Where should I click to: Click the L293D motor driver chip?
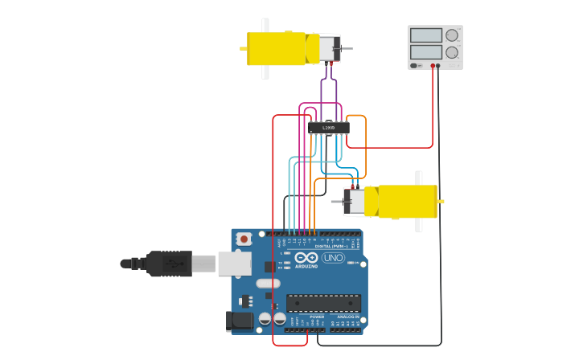pos(329,127)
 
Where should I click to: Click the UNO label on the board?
pos(332,258)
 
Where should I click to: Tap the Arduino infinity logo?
pos(306,258)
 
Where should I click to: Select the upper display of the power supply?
pos(426,35)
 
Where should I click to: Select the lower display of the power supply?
pos(426,52)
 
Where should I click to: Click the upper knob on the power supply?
pos(452,35)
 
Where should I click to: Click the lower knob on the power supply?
pos(452,52)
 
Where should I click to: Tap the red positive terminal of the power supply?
pos(433,66)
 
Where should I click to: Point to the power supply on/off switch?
pos(414,66)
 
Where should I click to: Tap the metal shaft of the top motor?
pos(347,50)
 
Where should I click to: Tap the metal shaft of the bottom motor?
pos(336,202)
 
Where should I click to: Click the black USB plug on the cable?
pos(169,263)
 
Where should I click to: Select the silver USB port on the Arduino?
pos(234,263)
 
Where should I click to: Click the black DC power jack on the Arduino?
pos(240,321)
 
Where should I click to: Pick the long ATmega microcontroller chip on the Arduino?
pos(323,303)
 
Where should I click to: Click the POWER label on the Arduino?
pos(317,317)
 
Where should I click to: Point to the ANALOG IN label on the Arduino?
pos(347,317)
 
